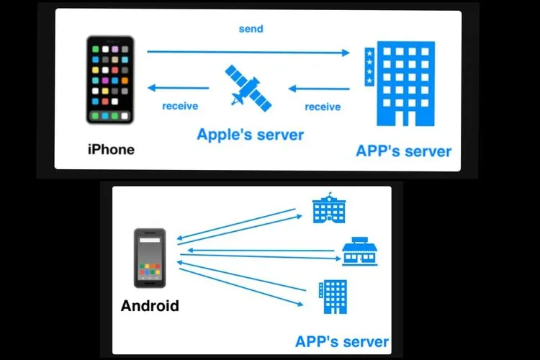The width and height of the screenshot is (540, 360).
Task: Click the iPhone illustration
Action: pos(111,79)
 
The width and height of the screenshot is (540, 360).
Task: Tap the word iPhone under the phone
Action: pos(111,149)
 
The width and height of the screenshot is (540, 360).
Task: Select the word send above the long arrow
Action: pos(251,30)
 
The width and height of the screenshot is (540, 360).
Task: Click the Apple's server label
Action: pos(251,134)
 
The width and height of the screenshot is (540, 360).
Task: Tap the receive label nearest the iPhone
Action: pos(180,107)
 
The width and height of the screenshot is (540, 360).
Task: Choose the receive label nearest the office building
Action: pos(323,107)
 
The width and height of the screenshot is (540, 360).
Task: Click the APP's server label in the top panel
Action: pos(403,151)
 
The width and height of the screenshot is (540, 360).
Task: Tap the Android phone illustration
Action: pos(150,258)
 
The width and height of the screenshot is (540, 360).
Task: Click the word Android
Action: pos(150,305)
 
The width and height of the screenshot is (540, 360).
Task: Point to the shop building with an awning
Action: pos(358,251)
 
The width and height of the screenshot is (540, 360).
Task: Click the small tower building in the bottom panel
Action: pos(332,297)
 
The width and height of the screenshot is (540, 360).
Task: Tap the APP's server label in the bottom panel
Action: pos(342,341)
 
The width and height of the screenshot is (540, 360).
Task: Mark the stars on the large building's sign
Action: pos(370,66)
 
